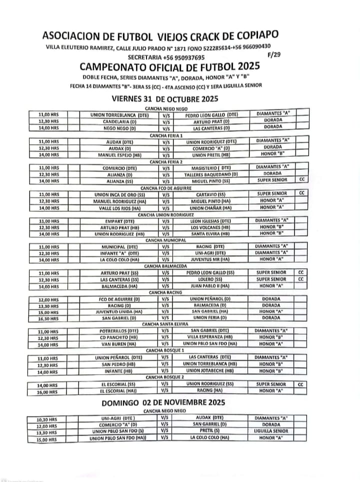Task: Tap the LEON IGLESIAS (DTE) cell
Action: coord(211,221)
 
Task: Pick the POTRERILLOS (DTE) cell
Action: coord(119,331)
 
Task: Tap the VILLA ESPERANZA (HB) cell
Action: coord(212,338)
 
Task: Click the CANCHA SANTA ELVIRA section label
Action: coord(164,324)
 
